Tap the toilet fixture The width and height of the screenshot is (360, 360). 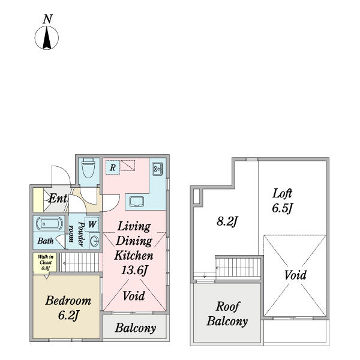click(88, 167)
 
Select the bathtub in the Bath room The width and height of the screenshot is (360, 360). click(50, 223)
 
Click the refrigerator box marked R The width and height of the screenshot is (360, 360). click(113, 167)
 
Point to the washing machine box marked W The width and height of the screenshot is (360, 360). click(92, 224)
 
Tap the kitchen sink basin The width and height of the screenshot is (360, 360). click(137, 202)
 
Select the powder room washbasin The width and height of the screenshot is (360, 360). click(94, 241)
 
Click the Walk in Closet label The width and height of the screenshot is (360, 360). click(46, 262)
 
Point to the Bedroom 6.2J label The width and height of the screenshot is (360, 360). click(68, 308)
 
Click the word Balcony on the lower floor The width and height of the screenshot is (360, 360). click(136, 328)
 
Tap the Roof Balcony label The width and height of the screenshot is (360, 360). click(227, 314)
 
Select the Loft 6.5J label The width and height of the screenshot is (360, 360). click(282, 201)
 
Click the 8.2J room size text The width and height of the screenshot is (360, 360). click(227, 221)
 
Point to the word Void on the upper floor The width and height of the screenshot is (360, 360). click(295, 275)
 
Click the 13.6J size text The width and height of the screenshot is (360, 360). click(134, 270)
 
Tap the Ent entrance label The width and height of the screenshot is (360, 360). click(58, 198)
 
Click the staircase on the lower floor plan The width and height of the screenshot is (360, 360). click(81, 262)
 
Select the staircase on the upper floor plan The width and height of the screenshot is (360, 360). click(238, 268)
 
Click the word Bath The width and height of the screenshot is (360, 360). click(46, 241)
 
